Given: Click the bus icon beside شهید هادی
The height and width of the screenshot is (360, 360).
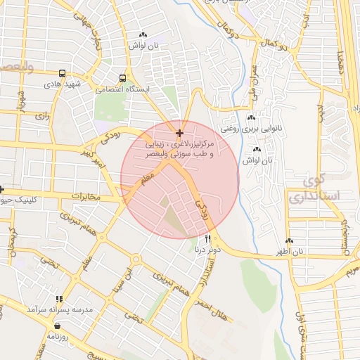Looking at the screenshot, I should coord(63,73).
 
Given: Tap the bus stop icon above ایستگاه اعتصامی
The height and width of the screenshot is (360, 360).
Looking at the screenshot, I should coord(123,78).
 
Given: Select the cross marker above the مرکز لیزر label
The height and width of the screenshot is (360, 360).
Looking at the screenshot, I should coord(180,132).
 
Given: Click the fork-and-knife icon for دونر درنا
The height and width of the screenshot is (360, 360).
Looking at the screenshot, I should coord(207,239).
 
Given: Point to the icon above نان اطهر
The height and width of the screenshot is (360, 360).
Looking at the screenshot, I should coord(298,240).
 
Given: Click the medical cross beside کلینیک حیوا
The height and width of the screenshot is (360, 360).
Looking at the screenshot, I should coord(2,189).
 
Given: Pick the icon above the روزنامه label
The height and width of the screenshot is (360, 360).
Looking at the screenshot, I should coord(57,326).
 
